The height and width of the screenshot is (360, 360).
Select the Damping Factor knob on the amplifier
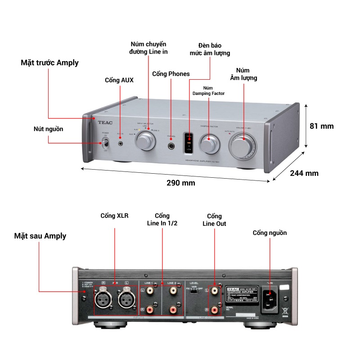[209, 145]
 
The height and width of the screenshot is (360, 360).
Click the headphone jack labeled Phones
[171, 146]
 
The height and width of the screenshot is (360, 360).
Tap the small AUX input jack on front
[121, 144]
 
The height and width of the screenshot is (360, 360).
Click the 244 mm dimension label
[304, 173]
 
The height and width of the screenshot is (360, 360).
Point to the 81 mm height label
[322, 126]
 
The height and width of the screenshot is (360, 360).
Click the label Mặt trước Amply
[49, 63]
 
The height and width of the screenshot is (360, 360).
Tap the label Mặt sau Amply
[40, 236]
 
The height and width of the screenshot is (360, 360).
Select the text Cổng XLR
[114, 216]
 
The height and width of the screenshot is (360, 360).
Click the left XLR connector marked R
[103, 297]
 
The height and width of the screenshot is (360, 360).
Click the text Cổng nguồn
[270, 233]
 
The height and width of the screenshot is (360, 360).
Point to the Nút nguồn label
[48, 129]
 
